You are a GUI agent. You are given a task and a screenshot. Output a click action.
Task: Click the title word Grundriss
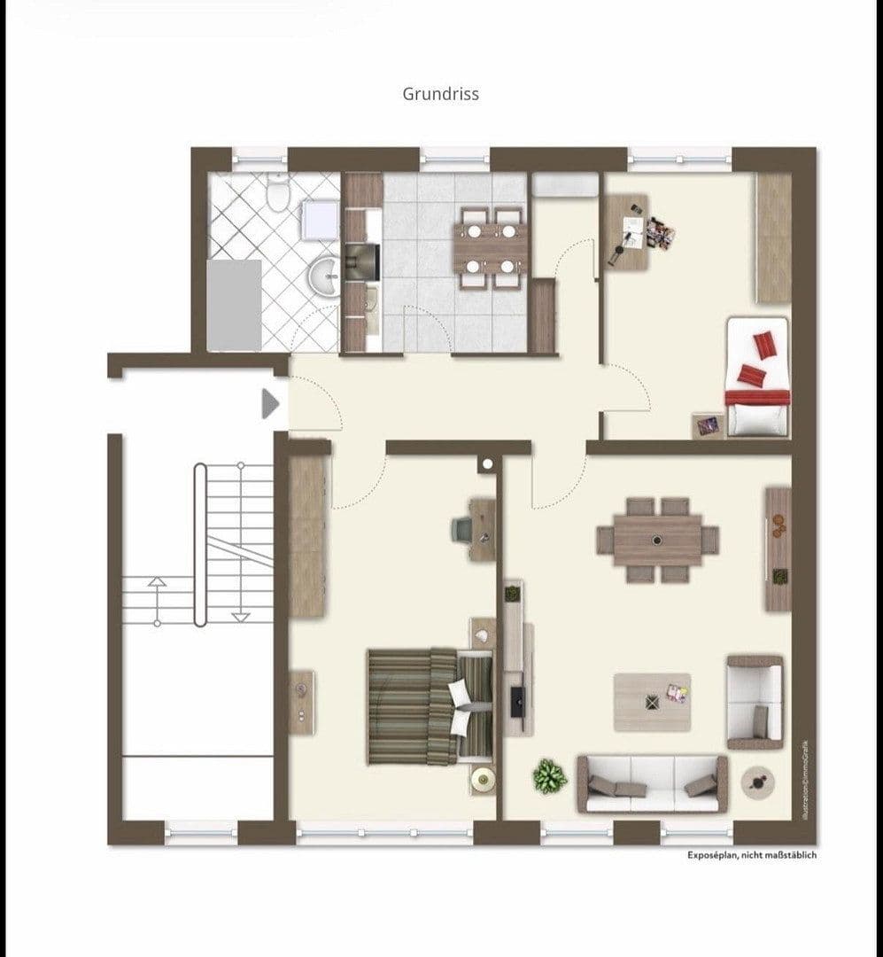[440, 94]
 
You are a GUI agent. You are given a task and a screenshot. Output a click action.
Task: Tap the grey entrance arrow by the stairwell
[270, 404]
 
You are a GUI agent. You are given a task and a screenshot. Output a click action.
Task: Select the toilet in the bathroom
[279, 192]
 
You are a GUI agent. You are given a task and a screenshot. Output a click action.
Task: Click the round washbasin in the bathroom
[325, 276]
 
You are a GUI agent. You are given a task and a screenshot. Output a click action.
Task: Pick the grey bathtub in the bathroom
[234, 305]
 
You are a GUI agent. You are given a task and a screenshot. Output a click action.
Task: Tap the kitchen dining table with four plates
[489, 247]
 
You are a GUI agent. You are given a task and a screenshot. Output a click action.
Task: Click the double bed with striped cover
[430, 706]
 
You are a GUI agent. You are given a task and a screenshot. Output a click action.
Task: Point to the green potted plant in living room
[549, 776]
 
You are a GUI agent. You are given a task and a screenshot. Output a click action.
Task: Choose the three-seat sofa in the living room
[652, 783]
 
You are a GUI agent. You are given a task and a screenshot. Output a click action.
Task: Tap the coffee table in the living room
[652, 702]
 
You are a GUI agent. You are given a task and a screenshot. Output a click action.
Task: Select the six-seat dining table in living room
[657, 540]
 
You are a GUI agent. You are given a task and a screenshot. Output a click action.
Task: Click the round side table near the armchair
[757, 782]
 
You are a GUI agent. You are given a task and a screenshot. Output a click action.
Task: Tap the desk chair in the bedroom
[462, 529]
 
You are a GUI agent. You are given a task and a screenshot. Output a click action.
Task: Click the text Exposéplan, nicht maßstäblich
[752, 855]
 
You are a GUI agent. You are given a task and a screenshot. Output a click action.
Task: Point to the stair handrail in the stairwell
[200, 545]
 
